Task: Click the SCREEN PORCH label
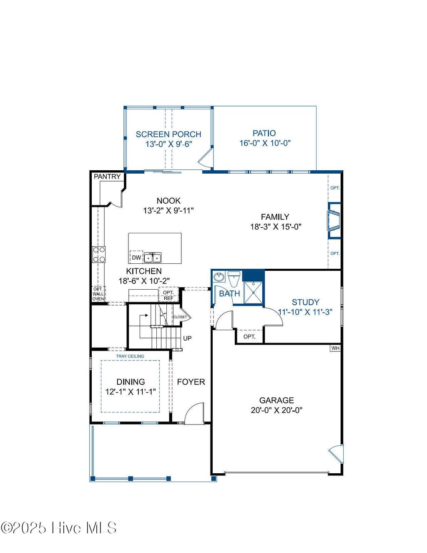pos(168,134)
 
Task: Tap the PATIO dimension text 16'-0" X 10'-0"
pos(265,143)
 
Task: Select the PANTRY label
pos(107,177)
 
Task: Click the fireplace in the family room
pos(334,220)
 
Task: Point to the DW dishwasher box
pos(136,258)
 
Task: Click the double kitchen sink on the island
pos(153,258)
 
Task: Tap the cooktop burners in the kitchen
pos(99,254)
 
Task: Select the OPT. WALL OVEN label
pos(98,294)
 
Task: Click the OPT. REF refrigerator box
pos(168,295)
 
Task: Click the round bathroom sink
pos(219,277)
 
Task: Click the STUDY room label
pos(305,302)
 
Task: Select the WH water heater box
pos(335,348)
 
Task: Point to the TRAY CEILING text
pos(130,356)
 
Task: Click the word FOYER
pos(191,382)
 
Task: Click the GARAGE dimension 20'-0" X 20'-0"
pos(276,410)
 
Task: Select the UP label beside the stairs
pos(188,338)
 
